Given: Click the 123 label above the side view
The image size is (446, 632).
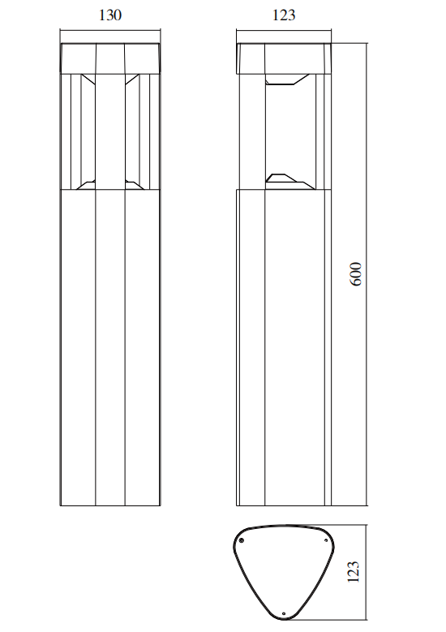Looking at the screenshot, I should (x=284, y=15).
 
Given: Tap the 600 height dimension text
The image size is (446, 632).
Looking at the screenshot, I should (x=355, y=273).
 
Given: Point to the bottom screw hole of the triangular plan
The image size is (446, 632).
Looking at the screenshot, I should (x=283, y=613).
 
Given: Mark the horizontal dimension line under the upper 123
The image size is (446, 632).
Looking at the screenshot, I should (x=284, y=32).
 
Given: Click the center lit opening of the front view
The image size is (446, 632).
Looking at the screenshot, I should (x=110, y=130).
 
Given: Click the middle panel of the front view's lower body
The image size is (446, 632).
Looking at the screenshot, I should (x=110, y=349).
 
